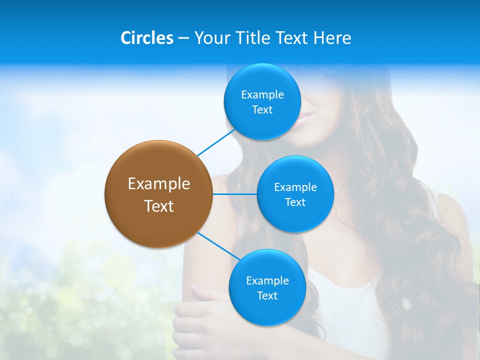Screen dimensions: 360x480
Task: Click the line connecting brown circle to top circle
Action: [216, 142]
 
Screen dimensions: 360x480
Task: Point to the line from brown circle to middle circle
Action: [234, 193]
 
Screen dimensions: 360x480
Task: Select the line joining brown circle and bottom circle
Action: [219, 246]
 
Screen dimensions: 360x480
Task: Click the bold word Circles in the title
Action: [147, 38]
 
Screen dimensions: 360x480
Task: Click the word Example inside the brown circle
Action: [159, 183]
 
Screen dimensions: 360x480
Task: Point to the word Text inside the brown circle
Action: [159, 206]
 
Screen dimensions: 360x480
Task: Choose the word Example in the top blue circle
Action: [262, 94]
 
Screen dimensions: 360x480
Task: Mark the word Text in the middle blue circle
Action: [295, 202]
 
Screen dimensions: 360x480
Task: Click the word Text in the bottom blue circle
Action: [267, 295]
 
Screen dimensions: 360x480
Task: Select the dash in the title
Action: [183, 38]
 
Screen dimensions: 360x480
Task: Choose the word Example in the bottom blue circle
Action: [267, 280]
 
